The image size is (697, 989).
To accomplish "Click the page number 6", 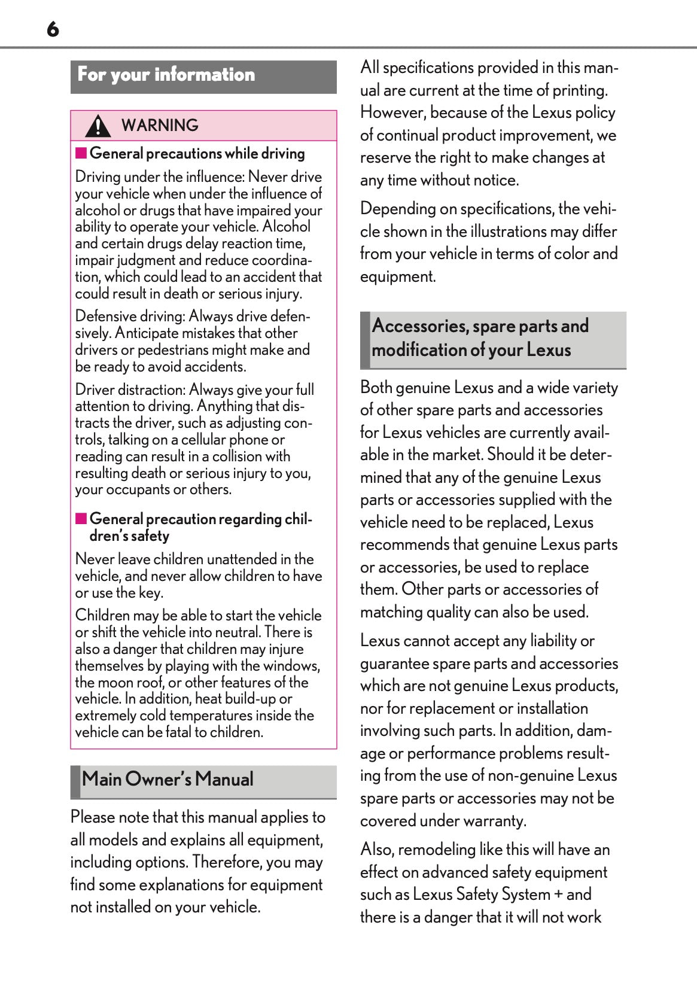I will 53,29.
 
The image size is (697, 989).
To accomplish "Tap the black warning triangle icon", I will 98,126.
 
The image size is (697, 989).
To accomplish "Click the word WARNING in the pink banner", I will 160,126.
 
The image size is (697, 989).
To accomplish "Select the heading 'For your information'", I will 166,75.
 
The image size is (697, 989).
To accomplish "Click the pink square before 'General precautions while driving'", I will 81,153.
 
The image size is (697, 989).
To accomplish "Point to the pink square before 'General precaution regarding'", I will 81,518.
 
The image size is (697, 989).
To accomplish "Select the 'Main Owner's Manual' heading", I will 168,780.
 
